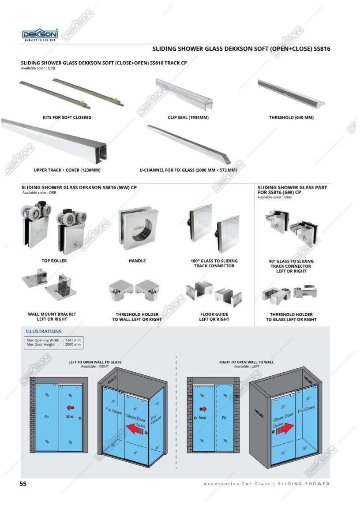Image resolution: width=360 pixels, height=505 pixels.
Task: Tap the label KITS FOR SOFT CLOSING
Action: pos(67,118)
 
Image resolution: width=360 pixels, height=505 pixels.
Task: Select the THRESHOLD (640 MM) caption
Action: pos(291,118)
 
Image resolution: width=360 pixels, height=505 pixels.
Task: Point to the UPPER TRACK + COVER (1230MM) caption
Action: pos(67,170)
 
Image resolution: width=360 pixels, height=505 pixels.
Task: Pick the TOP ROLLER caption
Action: pos(54,261)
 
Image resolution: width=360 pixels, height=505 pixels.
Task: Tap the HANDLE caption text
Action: pos(137,261)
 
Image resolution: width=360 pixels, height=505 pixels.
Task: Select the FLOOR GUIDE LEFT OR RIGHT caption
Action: pos(214,317)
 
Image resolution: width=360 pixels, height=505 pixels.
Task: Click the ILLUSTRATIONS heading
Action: pos(44,331)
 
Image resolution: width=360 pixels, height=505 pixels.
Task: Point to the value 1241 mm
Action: pos(73,340)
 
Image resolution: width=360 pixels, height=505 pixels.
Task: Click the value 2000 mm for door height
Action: pos(73,345)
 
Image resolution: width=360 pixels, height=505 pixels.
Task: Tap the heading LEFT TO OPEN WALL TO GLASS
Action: pos(95,362)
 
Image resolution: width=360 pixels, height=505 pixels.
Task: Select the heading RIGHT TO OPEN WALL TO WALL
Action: pos(247,362)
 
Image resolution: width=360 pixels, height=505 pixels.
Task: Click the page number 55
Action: pos(23,484)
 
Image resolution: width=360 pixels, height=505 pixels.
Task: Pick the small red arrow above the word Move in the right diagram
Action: pos(203,409)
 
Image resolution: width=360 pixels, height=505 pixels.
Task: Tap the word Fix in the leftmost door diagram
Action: pos(46,416)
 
